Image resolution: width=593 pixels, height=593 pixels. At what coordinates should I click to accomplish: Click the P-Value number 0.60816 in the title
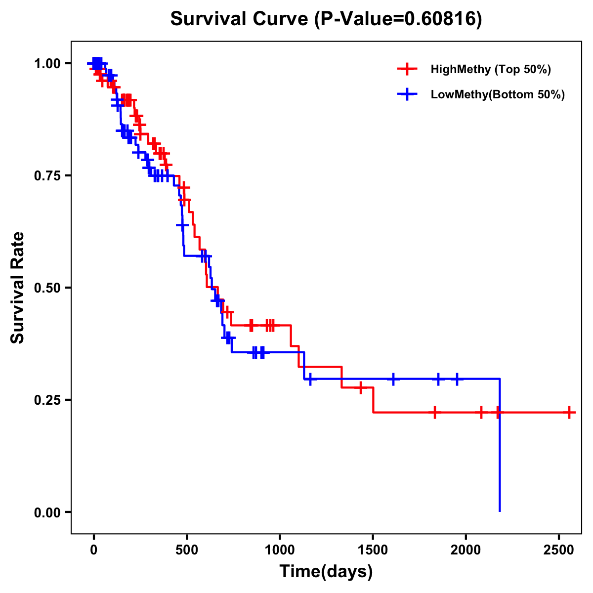441,19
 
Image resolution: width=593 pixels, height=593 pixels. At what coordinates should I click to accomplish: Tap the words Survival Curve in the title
240,19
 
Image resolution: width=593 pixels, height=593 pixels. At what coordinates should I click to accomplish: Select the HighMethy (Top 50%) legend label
490,69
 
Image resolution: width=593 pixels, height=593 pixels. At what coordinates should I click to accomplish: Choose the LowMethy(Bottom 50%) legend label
497,94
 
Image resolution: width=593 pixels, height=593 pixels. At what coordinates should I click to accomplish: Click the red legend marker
407,69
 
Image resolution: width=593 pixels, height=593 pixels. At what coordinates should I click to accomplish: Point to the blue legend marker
407,94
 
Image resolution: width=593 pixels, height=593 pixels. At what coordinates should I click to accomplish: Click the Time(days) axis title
326,572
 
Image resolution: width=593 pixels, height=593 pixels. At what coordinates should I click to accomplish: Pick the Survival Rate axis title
18,288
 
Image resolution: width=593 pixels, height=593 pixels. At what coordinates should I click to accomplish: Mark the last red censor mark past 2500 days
569,412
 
